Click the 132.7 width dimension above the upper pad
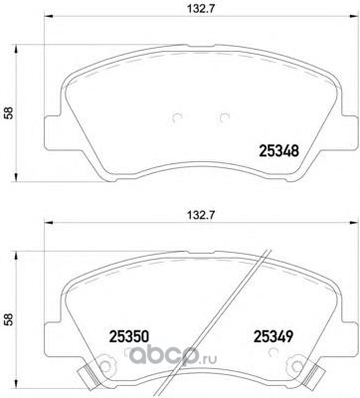(200, 9)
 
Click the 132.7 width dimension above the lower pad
(200, 215)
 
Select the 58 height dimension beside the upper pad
(10, 112)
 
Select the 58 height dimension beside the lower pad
(10, 319)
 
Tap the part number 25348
(278, 151)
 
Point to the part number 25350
(128, 336)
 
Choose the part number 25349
(273, 336)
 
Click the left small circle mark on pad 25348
(178, 118)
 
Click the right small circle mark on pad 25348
(226, 118)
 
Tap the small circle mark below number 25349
(274, 352)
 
